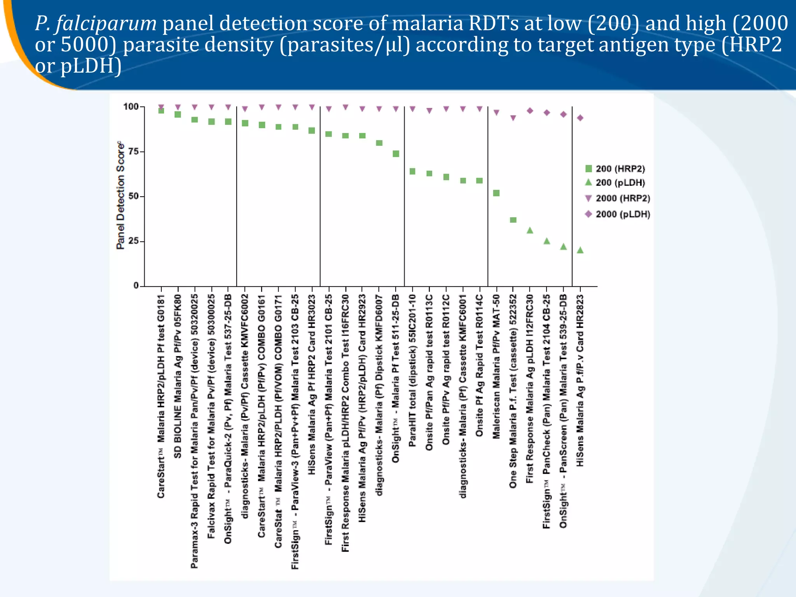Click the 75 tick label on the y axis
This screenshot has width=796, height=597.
[133, 152]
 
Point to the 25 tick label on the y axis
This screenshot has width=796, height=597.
[133, 241]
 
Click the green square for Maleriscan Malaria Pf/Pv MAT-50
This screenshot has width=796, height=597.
[496, 193]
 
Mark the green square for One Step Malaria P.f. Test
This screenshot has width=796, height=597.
[513, 220]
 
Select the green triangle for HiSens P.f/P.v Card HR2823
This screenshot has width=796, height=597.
[580, 250]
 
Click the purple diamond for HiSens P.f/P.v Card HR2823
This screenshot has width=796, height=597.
[580, 118]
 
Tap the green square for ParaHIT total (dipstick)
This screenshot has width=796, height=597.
[413, 171]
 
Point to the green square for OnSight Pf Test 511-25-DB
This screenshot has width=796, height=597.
[396, 154]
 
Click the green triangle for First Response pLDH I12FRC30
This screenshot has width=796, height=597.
[530, 230]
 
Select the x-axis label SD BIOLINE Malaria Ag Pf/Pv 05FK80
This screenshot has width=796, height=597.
[178, 376]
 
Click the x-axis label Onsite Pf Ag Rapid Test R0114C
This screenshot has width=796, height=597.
[479, 365]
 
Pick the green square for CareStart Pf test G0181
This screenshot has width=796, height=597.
[161, 111]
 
